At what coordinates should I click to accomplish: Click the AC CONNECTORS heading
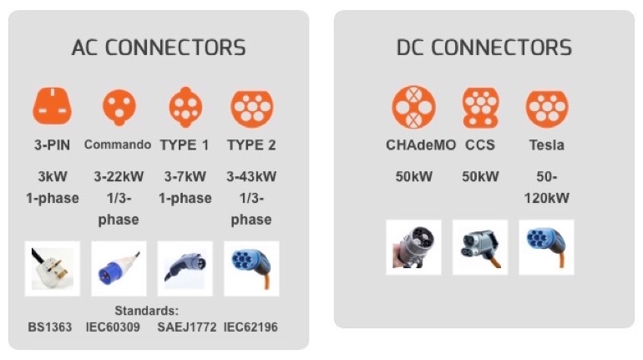pyautogui.click(x=159, y=47)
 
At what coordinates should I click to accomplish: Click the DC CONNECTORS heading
pyautogui.click(x=484, y=47)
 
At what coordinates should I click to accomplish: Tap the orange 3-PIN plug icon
pyautogui.click(x=52, y=107)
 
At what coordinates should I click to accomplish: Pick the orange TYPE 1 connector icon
pyautogui.click(x=185, y=107)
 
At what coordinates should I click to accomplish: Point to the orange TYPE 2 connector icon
pyautogui.click(x=251, y=107)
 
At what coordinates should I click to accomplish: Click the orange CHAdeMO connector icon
pyautogui.click(x=414, y=107)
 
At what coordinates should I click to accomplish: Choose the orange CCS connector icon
pyautogui.click(x=480, y=107)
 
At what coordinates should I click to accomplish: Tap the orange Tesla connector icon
pyautogui.click(x=547, y=107)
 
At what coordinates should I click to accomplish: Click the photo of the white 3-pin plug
pyautogui.click(x=52, y=268)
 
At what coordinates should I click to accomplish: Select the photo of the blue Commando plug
pyautogui.click(x=118, y=268)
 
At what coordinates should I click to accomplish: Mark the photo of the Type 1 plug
pyautogui.click(x=185, y=268)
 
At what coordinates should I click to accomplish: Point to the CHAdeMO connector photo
pyautogui.click(x=414, y=246)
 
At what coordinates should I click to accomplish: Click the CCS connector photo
pyautogui.click(x=480, y=246)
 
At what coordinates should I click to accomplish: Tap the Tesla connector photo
pyautogui.click(x=547, y=246)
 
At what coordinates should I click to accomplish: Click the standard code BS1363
pyautogui.click(x=50, y=327)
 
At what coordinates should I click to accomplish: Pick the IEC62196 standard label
pyautogui.click(x=251, y=327)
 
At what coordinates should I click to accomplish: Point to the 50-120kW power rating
pyautogui.click(x=547, y=188)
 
